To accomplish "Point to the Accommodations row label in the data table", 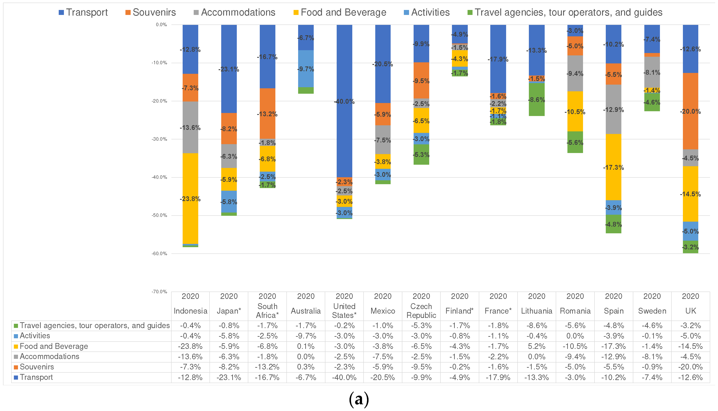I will [49, 356].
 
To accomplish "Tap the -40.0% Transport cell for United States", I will [344, 377].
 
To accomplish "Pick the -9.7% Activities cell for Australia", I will [306, 336].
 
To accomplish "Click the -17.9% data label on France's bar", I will [498, 59].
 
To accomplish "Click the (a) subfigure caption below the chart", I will [359, 399].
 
